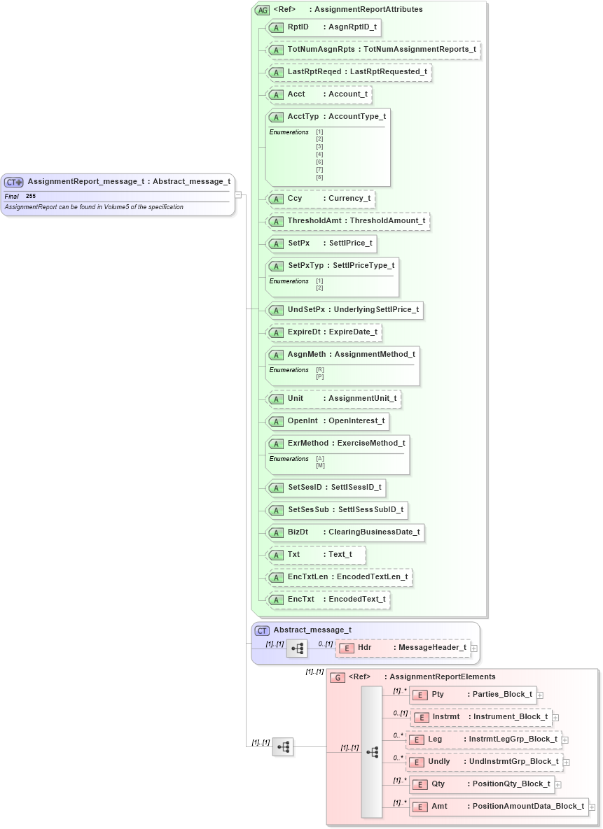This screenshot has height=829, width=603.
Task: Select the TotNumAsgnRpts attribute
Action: [374, 50]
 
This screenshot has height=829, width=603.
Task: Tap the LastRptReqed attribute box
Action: [349, 72]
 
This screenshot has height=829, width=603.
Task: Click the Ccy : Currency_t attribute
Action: [321, 199]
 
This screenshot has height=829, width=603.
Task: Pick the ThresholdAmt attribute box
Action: [348, 221]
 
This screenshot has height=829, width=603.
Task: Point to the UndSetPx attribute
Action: [346, 310]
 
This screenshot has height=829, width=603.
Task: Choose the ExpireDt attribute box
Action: [325, 332]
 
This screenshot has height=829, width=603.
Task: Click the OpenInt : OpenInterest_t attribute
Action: [328, 421]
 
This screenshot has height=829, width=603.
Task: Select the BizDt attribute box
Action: [346, 532]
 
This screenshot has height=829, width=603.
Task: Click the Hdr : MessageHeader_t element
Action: [403, 648]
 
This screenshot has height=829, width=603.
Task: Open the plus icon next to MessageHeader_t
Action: [474, 649]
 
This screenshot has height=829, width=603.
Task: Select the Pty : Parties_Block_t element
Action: [473, 695]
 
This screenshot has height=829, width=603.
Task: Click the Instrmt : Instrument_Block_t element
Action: [482, 717]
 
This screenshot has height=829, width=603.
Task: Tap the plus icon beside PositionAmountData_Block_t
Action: [592, 807]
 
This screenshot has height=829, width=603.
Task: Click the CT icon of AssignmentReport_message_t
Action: [14, 182]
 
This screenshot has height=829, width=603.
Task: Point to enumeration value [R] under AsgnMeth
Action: [320, 370]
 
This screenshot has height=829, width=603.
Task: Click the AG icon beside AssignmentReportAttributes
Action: [263, 10]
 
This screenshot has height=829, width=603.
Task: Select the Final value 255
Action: [31, 197]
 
